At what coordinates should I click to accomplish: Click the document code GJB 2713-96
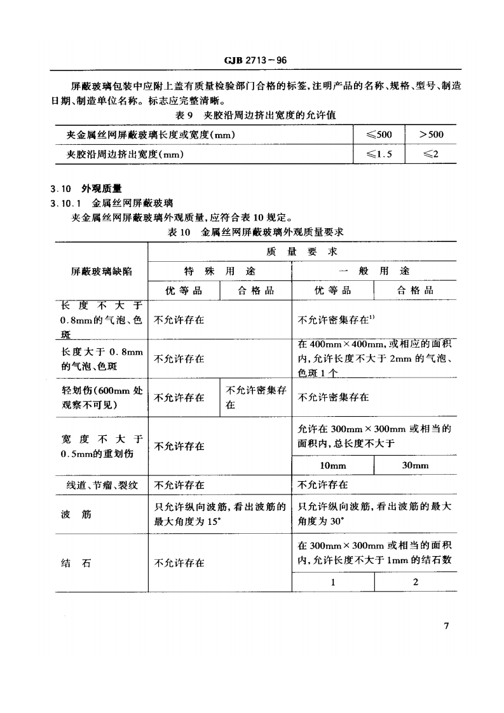point(252,61)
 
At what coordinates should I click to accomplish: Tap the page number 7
point(446,626)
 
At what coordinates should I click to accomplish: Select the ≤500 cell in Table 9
point(379,134)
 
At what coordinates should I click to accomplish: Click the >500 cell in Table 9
point(432,134)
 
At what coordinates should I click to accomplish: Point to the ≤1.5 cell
point(379,154)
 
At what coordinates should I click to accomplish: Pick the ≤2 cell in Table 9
point(432,154)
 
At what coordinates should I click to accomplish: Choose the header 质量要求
point(302,252)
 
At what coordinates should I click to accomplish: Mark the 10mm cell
point(332,466)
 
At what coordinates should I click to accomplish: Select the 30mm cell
point(416,466)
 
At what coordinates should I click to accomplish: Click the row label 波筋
point(76,514)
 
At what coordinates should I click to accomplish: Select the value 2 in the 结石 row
point(416,582)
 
